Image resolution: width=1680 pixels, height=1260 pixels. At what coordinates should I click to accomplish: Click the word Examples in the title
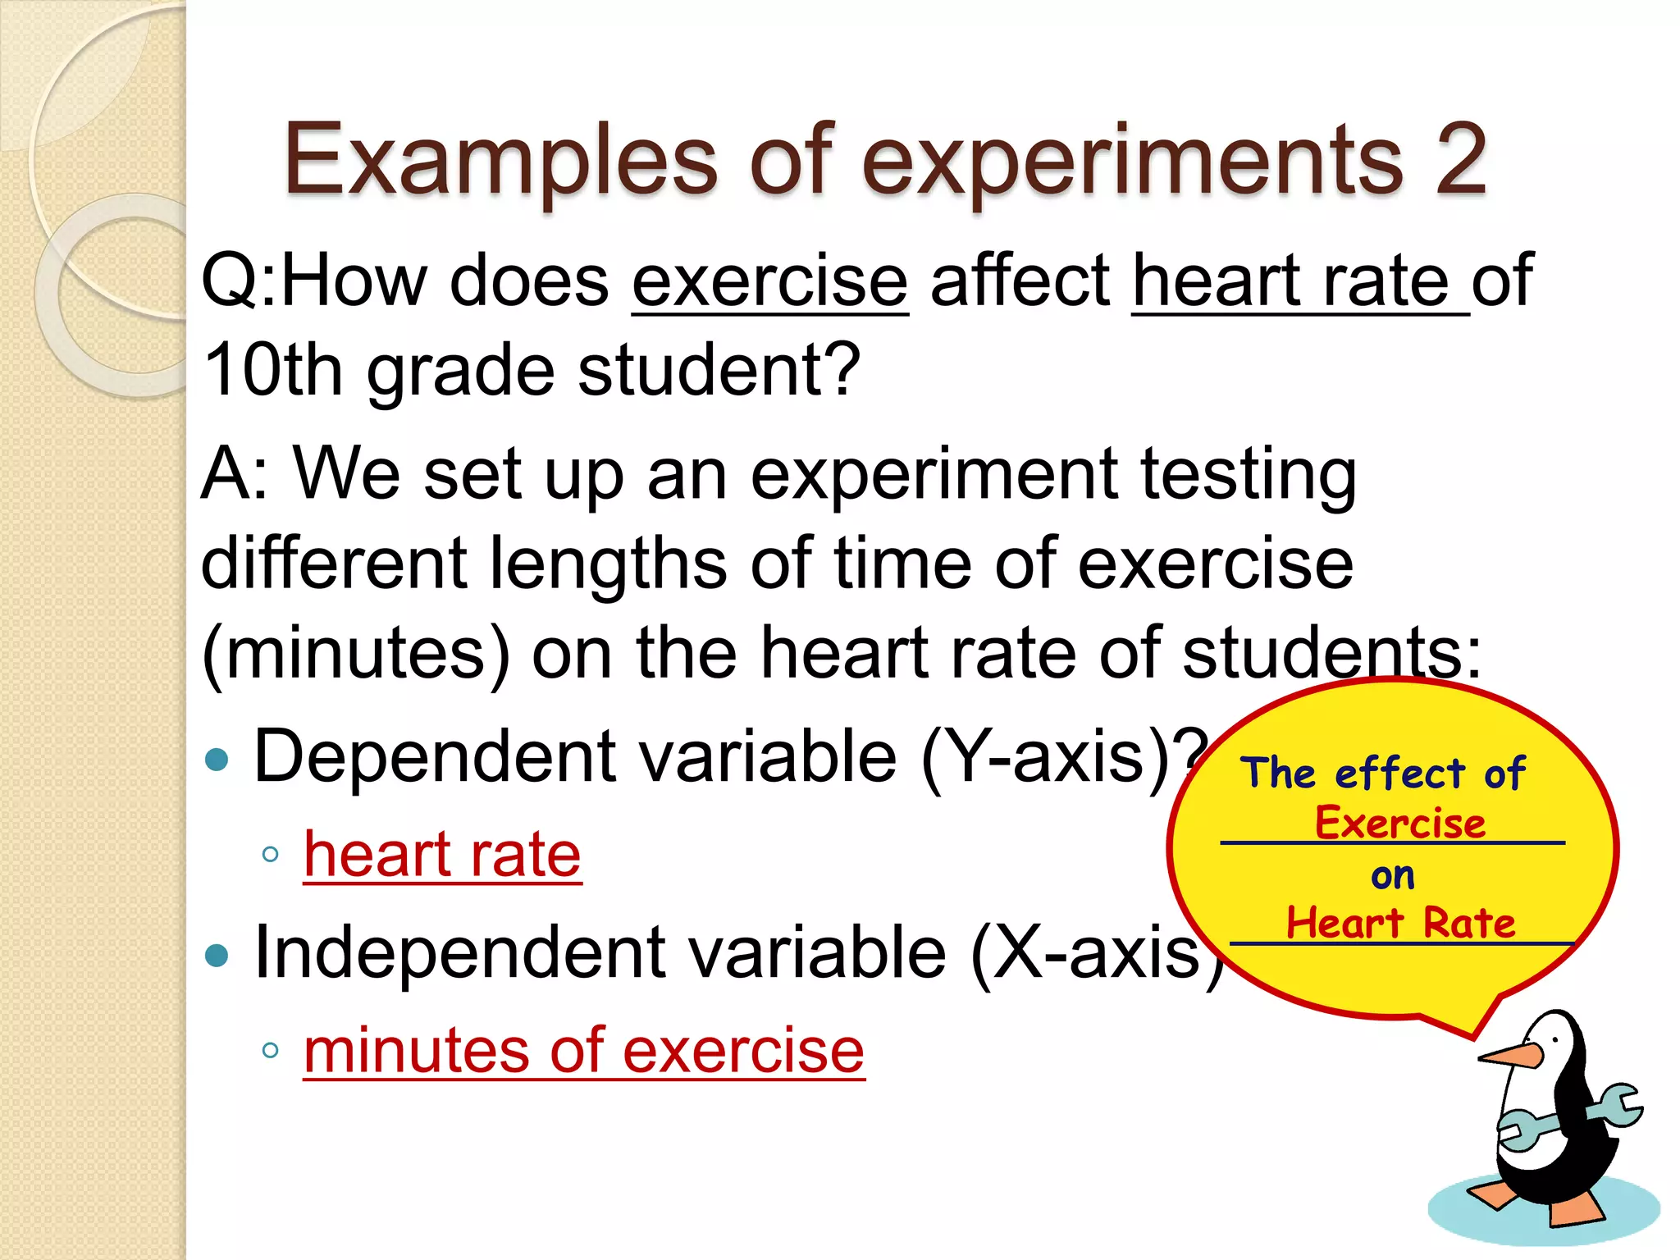(500, 160)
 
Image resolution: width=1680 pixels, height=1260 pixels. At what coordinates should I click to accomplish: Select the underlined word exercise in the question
(769, 281)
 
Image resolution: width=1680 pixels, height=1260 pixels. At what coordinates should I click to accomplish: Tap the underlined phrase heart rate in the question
(1292, 281)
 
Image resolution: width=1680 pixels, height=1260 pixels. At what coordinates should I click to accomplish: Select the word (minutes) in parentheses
(355, 652)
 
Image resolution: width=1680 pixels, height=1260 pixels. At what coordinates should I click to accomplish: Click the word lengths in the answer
(607, 564)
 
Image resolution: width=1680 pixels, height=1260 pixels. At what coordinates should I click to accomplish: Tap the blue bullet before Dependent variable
(217, 760)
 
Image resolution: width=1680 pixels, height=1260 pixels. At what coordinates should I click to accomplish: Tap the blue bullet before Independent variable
(217, 956)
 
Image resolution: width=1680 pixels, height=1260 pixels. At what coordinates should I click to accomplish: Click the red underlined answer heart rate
(442, 855)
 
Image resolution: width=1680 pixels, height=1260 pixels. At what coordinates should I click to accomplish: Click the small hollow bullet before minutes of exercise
(271, 1050)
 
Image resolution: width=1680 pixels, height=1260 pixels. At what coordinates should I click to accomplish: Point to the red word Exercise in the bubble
(1399, 823)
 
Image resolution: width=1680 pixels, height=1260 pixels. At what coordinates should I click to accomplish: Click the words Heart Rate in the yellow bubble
(1399, 923)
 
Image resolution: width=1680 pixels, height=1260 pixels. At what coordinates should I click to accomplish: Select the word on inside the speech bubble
(1392, 876)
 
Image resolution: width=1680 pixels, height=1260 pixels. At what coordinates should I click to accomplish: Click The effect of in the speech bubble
(1382, 774)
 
